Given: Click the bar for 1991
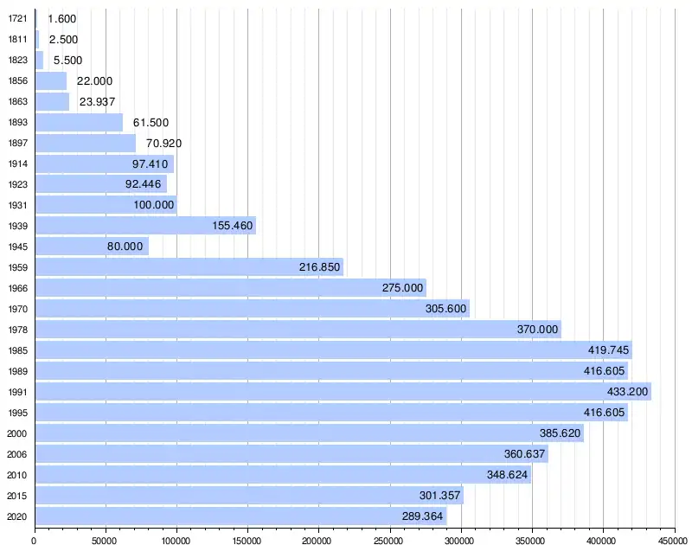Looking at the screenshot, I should [343, 392].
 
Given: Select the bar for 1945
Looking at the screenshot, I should [92, 247].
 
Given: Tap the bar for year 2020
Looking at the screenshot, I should [240, 516].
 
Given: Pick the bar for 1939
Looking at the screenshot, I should [145, 226].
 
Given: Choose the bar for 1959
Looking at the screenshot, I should [189, 267].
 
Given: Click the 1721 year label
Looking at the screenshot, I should [16, 18].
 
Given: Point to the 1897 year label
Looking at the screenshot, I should [16, 143].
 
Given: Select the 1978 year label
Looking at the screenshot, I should [16, 330].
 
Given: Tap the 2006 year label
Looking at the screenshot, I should [16, 454].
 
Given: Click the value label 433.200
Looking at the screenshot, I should [625, 392].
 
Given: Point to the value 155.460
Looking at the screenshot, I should [233, 226].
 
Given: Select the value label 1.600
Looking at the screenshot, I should [63, 18].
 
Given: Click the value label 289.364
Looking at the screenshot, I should [423, 516].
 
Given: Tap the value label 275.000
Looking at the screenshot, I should [403, 288].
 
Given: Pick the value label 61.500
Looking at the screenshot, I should [151, 122].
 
